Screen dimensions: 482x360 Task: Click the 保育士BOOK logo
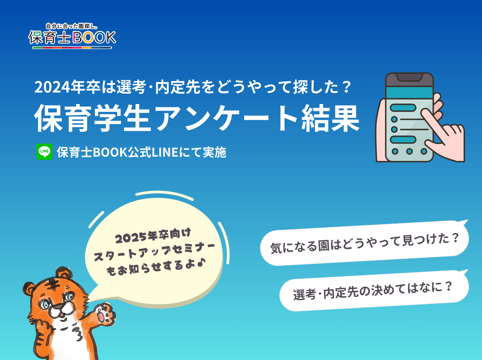(72, 36)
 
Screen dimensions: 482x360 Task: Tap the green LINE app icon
(44, 152)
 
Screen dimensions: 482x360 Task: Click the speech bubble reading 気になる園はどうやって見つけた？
(364, 243)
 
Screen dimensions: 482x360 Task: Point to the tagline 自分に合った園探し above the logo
(72, 26)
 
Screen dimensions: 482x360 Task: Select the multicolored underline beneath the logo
(72, 48)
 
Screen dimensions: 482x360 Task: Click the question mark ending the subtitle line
(347, 87)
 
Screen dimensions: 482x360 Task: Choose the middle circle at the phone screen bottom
(409, 151)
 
